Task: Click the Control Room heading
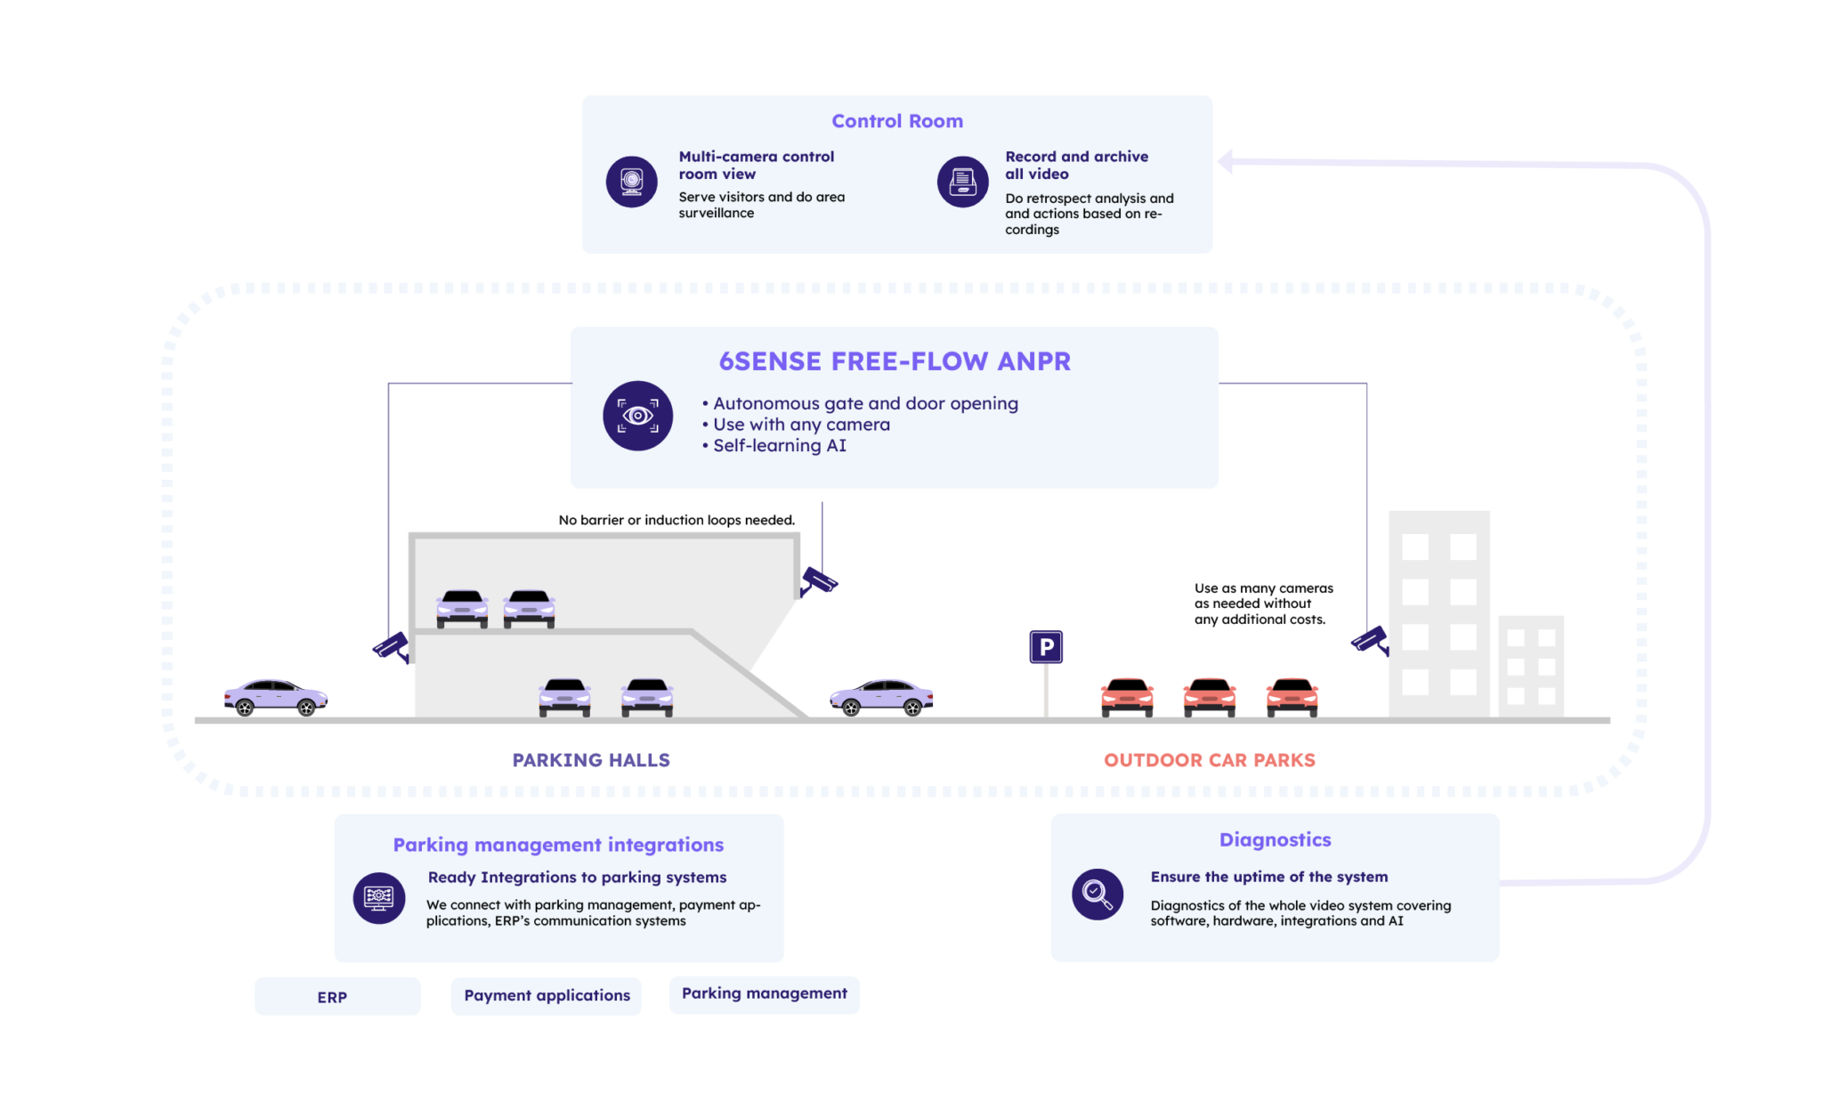[896, 121]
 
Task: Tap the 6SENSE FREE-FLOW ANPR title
[895, 361]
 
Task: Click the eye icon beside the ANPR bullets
[637, 416]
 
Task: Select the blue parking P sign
[1046, 647]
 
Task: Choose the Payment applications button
[546, 996]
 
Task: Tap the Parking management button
[764, 994]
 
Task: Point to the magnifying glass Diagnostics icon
[1097, 894]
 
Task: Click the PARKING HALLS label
[591, 760]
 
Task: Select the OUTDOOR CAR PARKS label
[1210, 760]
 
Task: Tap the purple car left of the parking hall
[276, 697]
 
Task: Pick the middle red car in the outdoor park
[1209, 696]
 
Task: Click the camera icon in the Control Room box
[631, 182]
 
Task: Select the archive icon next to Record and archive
[962, 182]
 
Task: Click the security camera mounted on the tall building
[1369, 640]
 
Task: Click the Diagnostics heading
[1275, 840]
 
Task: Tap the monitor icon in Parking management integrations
[379, 897]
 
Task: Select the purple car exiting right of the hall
[881, 697]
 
